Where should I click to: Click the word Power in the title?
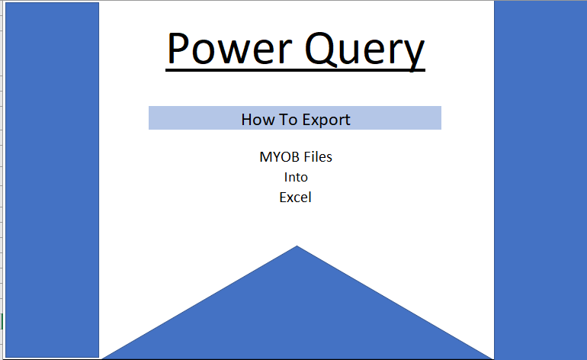tap(229, 49)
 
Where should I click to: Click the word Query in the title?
tap(365, 51)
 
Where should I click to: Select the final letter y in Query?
tap(413, 56)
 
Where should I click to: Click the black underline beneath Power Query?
tap(295, 69)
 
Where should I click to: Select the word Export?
tap(326, 121)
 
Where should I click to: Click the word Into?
tap(296, 177)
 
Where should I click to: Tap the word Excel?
tap(295, 198)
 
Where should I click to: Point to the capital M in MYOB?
tap(265, 157)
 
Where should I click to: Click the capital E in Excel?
tap(283, 198)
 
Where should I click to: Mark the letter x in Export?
tap(314, 121)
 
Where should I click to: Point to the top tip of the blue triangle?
tap(297, 246)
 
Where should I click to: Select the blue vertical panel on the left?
tap(53, 180)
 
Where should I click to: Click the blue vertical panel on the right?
tap(540, 180)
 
